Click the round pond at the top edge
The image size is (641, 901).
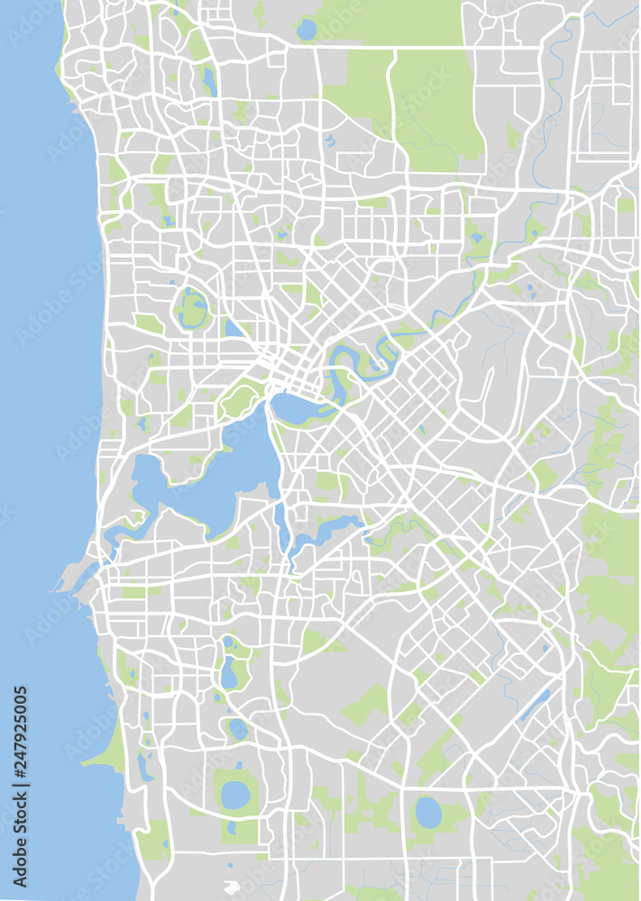tap(307, 30)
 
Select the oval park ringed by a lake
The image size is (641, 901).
tap(192, 309)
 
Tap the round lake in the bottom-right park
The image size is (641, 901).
tap(428, 813)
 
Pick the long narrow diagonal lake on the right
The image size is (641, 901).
tap(534, 705)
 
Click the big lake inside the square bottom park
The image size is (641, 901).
tap(236, 794)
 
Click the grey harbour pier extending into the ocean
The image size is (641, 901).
tap(69, 577)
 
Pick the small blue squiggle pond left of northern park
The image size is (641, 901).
tap(331, 141)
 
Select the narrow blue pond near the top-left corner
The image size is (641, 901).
tap(210, 81)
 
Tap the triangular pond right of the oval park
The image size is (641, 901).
tap(233, 329)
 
